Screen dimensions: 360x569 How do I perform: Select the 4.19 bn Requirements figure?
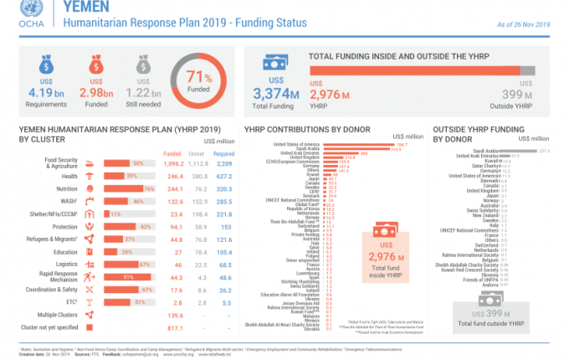(x=36, y=92)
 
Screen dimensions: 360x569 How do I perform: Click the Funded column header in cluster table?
(x=172, y=153)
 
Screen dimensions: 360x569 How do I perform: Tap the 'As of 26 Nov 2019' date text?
(x=523, y=24)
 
